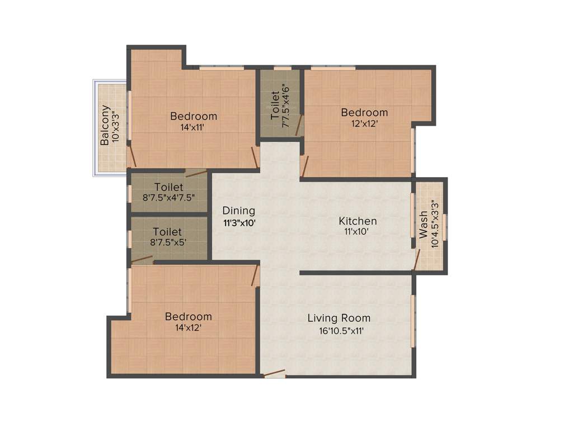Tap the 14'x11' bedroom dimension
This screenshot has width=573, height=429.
click(x=193, y=127)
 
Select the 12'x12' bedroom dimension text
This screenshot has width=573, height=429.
click(x=364, y=123)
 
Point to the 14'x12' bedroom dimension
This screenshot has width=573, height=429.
click(x=188, y=328)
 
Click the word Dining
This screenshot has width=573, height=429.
click(x=239, y=211)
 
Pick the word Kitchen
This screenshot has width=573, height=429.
click(x=358, y=221)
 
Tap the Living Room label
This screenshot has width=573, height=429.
click(x=339, y=318)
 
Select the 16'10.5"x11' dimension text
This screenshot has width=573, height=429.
click(x=339, y=331)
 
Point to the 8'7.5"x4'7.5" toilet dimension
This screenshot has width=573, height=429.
click(x=168, y=197)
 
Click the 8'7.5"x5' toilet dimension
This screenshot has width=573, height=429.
click(x=168, y=242)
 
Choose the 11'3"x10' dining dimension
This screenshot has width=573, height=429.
click(x=239, y=222)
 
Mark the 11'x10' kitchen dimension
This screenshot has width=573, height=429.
click(x=358, y=232)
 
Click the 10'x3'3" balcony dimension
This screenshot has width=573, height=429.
click(x=116, y=126)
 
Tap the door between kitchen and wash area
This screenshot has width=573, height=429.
click(x=416, y=260)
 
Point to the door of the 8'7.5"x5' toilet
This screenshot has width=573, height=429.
click(x=142, y=259)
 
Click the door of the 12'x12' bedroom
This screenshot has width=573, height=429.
click(x=304, y=166)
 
